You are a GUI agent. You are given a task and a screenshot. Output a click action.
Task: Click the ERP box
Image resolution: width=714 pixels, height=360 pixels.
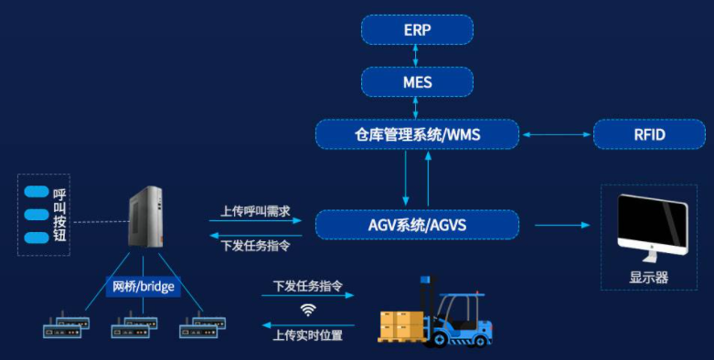[417, 30]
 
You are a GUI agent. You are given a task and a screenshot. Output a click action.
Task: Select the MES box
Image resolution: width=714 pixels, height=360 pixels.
[417, 82]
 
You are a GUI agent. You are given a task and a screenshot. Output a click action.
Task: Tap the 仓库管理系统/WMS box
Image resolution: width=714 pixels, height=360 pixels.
[417, 135]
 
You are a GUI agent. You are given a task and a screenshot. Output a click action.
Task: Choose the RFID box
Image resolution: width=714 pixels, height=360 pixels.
[649, 135]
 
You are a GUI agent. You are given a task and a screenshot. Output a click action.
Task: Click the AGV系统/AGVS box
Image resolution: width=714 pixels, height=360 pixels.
[417, 224]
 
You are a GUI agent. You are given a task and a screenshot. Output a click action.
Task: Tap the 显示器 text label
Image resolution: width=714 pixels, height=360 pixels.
[649, 277]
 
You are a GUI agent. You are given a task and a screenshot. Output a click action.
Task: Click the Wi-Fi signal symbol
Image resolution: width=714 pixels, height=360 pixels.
[308, 310]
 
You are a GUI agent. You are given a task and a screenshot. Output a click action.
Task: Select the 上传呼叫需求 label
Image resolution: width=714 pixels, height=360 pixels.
[255, 210]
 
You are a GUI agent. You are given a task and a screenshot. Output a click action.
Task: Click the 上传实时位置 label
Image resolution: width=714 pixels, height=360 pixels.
[308, 335]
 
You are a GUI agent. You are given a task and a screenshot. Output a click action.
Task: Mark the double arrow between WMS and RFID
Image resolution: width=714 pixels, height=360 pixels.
[555, 135]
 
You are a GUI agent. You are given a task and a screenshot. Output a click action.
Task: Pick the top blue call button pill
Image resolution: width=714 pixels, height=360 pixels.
[37, 192]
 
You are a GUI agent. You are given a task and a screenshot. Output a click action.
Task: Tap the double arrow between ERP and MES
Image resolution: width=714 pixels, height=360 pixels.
[417, 56]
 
